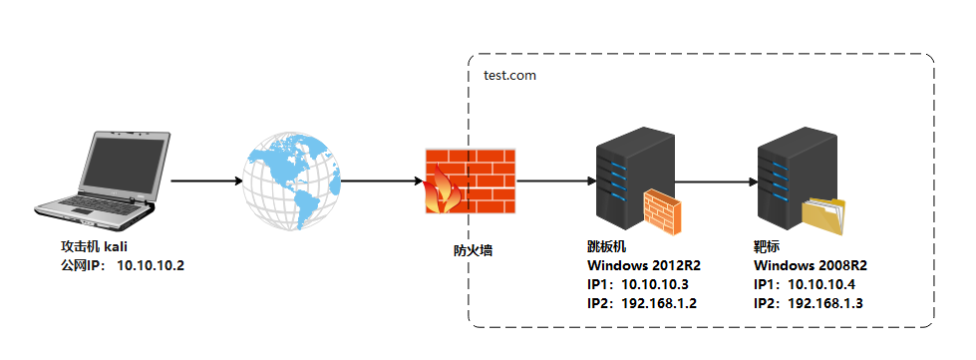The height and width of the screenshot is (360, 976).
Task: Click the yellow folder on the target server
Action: tap(823, 213)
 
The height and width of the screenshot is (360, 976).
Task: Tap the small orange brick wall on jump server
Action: tap(661, 210)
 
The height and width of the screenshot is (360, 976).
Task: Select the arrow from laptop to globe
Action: tap(207, 181)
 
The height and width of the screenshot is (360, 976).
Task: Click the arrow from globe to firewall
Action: tap(382, 181)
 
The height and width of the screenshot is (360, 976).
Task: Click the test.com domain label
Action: tap(510, 75)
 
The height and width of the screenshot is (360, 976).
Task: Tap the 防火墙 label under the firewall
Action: tap(468, 251)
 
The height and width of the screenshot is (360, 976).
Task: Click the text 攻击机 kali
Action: tap(96, 246)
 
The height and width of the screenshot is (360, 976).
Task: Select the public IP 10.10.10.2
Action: tap(151, 265)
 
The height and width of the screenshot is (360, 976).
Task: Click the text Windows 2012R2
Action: tap(643, 265)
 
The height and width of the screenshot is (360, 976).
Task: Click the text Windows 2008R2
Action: tap(811, 265)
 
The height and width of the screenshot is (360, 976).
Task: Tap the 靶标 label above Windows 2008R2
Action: tap(768, 246)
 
